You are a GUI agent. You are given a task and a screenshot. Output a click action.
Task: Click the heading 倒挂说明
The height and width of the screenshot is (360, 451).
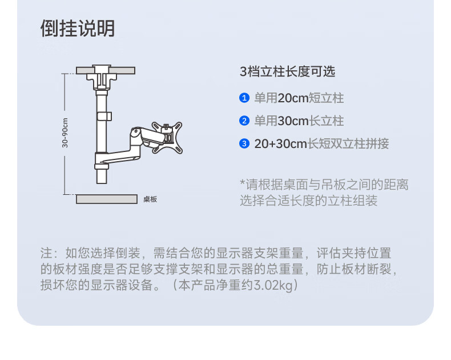coord(78,28)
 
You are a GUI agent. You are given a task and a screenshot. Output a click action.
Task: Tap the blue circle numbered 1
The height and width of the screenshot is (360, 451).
coord(244,98)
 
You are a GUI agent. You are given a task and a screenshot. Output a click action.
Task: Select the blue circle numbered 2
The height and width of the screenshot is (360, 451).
coord(244,121)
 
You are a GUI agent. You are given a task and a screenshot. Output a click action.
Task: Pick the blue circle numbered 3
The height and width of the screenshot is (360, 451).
coord(244,143)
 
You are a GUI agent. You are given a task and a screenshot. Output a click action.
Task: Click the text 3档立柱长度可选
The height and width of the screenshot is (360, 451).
coord(287,71)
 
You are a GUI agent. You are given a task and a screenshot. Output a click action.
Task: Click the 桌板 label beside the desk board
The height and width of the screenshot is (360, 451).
coord(150,199)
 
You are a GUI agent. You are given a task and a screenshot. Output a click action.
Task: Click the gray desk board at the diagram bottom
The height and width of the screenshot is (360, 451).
coord(107,199)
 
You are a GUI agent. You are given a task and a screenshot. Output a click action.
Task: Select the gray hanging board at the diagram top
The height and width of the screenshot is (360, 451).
coord(106,70)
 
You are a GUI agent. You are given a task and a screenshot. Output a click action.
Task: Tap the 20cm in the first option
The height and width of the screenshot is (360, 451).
coord(292,98)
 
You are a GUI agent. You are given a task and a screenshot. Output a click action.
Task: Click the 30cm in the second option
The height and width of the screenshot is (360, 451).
coord(293,121)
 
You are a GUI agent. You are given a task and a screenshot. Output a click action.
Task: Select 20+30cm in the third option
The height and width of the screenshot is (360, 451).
coord(281,143)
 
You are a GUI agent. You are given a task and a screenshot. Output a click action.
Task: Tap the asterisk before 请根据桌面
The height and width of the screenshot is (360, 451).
coord(243,183)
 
